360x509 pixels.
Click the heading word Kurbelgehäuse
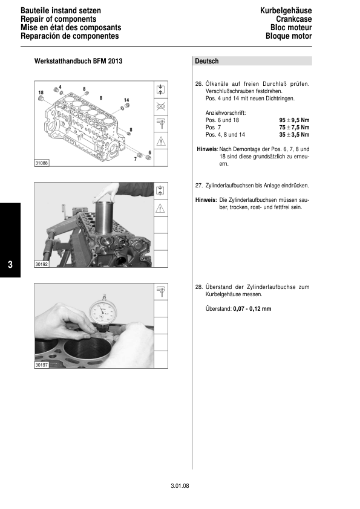286,11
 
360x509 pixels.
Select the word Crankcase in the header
294,19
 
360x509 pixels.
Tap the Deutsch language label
207,62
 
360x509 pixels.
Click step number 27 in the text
198,185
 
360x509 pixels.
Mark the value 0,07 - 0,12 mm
252,309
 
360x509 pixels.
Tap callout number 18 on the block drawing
41,91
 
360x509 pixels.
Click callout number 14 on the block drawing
126,100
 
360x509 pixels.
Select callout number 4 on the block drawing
61,86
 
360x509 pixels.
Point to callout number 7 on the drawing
135,158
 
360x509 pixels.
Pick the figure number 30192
42,264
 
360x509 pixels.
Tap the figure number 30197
42,365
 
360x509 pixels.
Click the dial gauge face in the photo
102,312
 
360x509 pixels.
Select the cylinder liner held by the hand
103,216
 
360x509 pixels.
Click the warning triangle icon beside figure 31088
161,141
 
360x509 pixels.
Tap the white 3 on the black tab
10,265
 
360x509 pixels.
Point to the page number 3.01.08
180,485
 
